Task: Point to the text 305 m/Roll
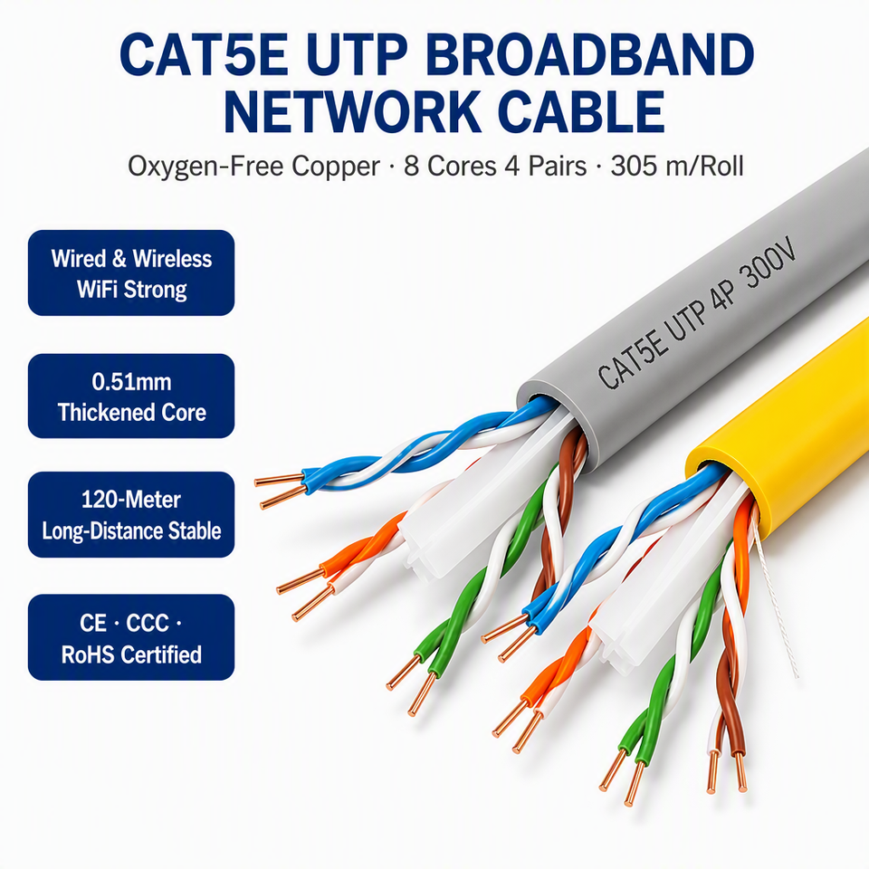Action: (x=677, y=166)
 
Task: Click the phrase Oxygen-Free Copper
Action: (x=253, y=167)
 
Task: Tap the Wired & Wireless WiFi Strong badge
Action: (x=131, y=272)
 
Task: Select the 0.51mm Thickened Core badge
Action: (x=131, y=396)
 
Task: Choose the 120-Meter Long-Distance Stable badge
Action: (x=131, y=514)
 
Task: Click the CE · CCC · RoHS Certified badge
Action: (x=131, y=637)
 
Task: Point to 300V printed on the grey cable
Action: (x=770, y=263)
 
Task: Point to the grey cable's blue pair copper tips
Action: (x=280, y=490)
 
